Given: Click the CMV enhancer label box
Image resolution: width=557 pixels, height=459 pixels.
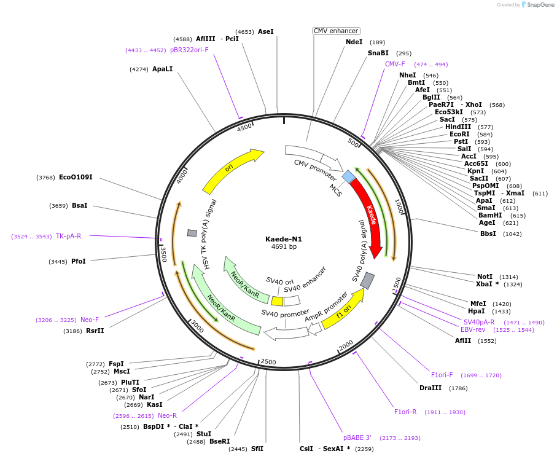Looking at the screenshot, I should pyautogui.click(x=336, y=31).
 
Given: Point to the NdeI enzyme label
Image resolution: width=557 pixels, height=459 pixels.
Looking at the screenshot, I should pyautogui.click(x=354, y=42).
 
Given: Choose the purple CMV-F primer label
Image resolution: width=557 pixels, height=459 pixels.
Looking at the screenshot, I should pyautogui.click(x=395, y=64).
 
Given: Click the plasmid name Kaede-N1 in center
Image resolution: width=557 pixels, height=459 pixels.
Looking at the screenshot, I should pyautogui.click(x=284, y=239).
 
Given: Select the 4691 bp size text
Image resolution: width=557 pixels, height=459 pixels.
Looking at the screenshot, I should pyautogui.click(x=284, y=247).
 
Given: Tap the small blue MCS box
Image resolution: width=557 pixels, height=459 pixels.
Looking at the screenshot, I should pyautogui.click(x=349, y=177).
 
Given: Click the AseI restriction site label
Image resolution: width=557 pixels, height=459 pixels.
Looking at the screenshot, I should pyautogui.click(x=266, y=31).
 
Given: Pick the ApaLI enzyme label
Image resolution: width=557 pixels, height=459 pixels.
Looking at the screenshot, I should pyautogui.click(x=163, y=69).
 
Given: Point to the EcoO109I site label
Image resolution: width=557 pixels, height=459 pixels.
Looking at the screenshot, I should pyautogui.click(x=76, y=178).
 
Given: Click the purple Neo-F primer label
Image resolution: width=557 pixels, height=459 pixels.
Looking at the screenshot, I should pyautogui.click(x=90, y=320).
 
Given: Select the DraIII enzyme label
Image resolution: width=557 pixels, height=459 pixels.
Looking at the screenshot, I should pyautogui.click(x=430, y=388).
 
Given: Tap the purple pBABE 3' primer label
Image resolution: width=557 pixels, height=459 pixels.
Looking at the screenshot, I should pyautogui.click(x=357, y=437).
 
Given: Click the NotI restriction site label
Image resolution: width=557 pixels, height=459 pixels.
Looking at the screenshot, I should pyautogui.click(x=485, y=277).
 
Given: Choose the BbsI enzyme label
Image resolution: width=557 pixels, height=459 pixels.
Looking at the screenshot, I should pyautogui.click(x=488, y=234).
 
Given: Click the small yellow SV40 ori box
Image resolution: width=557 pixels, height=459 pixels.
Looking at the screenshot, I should pyautogui.click(x=277, y=301).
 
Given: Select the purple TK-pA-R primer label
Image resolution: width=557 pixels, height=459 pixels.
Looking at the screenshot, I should pyautogui.click(x=68, y=236).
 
